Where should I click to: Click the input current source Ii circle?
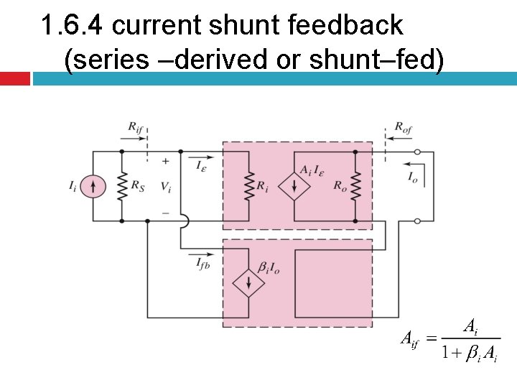coord(93,187)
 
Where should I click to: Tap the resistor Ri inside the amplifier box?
coord(248,187)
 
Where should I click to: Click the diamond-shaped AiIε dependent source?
coord(294,187)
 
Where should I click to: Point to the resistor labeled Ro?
coord(355,187)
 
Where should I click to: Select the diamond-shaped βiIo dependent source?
coord(248,282)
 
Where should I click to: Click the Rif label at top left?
coord(136,129)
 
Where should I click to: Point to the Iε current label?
coord(203,165)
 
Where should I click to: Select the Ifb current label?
coord(205,264)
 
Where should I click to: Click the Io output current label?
coord(414,176)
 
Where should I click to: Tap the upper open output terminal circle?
coord(418,152)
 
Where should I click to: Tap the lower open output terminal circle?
coord(418,221)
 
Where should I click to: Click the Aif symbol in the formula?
coord(409,338)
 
